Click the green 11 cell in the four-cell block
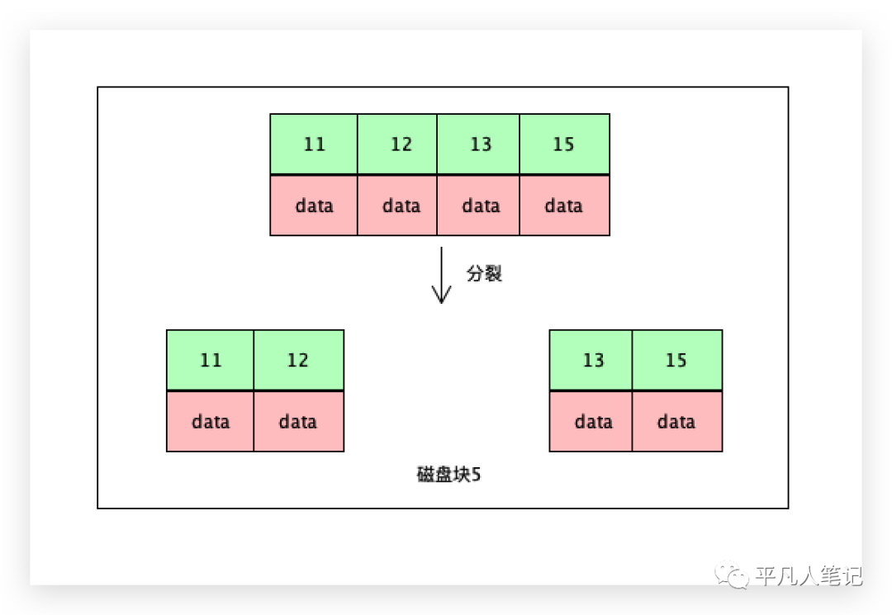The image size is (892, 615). [x=314, y=144]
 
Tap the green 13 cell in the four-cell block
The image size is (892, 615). [x=478, y=144]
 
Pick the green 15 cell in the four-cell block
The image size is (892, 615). [x=564, y=144]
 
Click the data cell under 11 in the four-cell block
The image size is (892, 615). [x=314, y=206]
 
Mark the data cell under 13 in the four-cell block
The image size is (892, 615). [x=478, y=206]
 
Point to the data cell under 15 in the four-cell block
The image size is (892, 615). [x=564, y=206]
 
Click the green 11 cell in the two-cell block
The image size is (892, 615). [x=211, y=360]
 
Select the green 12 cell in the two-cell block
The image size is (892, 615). [x=298, y=360]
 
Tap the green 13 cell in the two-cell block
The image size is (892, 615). [x=591, y=360]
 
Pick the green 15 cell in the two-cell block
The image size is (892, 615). [x=677, y=360]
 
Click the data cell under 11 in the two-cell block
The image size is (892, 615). [x=211, y=422]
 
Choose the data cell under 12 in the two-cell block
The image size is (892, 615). [x=298, y=422]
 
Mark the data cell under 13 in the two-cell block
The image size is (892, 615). [x=591, y=422]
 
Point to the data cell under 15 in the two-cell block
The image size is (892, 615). [x=677, y=422]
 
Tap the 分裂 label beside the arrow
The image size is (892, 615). [x=484, y=274]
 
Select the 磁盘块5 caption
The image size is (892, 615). [x=448, y=475]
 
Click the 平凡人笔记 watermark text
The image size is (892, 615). [x=808, y=575]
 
